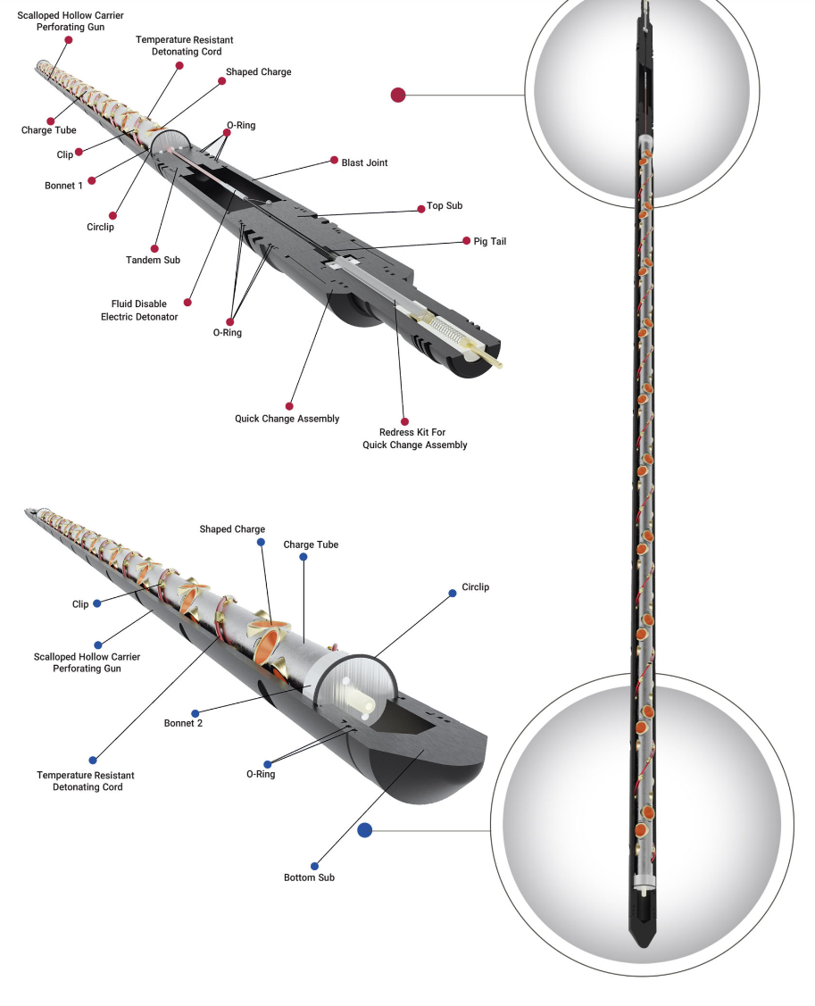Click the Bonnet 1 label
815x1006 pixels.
coord(62,186)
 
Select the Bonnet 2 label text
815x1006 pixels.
coord(183,723)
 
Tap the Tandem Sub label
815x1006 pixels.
coord(153,260)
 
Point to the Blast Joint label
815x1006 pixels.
coord(364,162)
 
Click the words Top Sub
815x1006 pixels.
coord(445,206)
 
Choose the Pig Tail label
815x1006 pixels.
coord(490,241)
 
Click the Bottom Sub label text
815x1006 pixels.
coord(309,877)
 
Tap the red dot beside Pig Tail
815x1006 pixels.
coord(466,240)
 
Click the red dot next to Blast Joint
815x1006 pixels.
coord(334,162)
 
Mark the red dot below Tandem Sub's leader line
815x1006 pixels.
coord(154,249)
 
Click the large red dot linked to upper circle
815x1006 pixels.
coord(398,95)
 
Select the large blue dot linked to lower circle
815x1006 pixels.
coord(364,830)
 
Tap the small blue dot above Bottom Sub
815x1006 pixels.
coord(314,866)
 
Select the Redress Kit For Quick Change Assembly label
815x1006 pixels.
coord(414,438)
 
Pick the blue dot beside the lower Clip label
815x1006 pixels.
coord(96,603)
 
